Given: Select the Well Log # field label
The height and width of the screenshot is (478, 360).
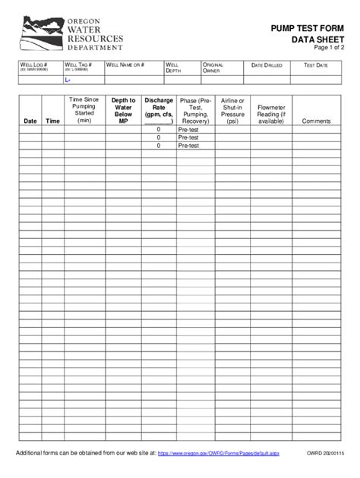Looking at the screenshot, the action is [33, 66].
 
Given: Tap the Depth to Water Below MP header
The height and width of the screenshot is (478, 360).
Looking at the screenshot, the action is [123, 109].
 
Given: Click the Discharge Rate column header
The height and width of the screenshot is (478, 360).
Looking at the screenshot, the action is [159, 109].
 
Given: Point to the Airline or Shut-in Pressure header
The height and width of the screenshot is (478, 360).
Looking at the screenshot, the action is [232, 110].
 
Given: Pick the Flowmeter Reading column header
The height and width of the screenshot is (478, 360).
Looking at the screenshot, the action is [271, 114].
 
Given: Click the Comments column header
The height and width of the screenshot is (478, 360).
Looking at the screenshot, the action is [316, 121].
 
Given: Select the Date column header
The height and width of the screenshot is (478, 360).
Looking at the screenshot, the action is [30, 121].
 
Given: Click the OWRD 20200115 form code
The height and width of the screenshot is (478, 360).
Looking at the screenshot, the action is [325, 454].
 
